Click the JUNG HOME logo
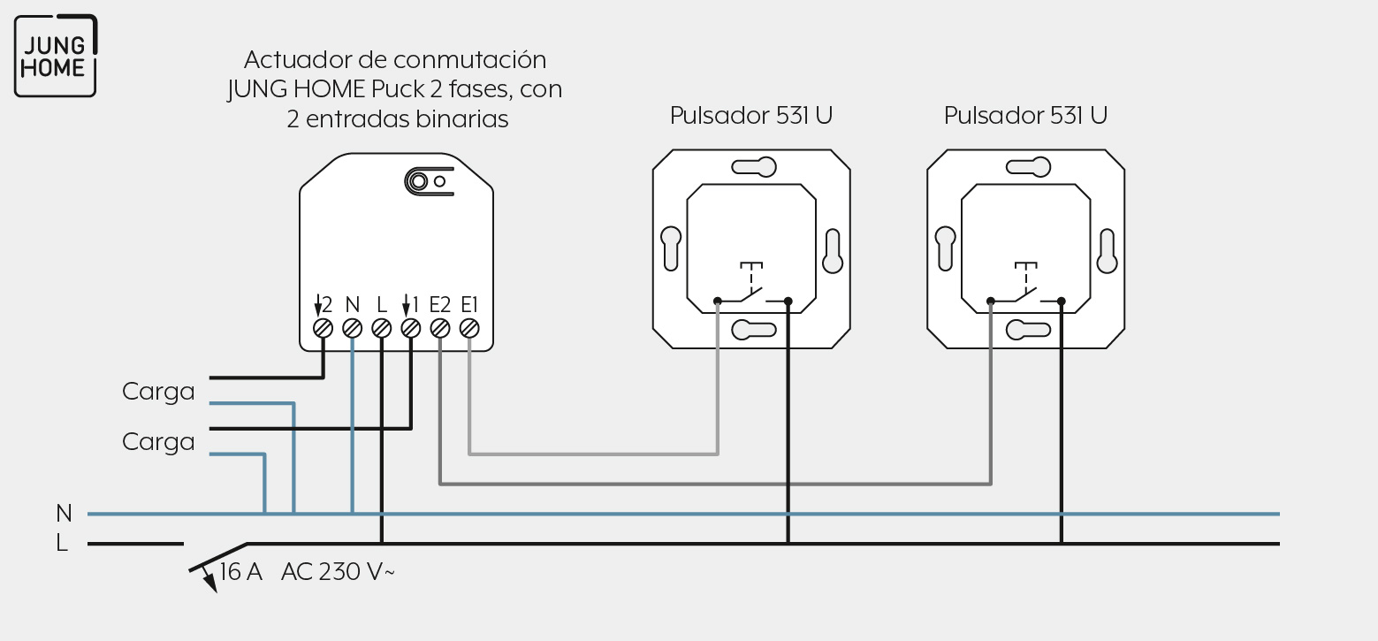click(56, 56)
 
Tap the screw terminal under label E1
click(469, 329)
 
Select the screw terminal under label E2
click(440, 329)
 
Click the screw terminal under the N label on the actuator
click(352, 329)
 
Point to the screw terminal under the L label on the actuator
click(382, 329)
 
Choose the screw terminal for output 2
click(323, 329)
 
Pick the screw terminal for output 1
click(411, 329)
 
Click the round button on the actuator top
click(419, 181)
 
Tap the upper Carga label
click(158, 392)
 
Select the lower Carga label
click(158, 442)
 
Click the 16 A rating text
click(240, 572)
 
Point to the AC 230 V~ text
click(338, 572)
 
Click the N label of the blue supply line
click(64, 513)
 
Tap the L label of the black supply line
click(62, 543)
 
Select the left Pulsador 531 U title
click(751, 116)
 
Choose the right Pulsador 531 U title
click(1025, 116)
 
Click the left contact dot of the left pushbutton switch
click(718, 301)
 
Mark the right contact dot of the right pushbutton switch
click(1062, 301)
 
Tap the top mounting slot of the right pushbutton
click(1028, 167)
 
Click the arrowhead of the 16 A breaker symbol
click(209, 584)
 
